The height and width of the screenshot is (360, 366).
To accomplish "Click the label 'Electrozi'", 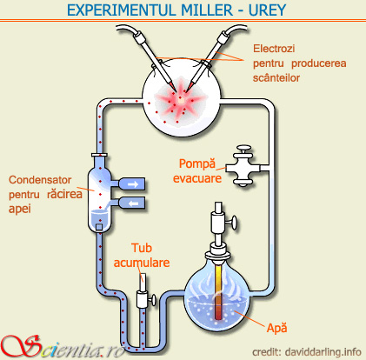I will click(276, 48).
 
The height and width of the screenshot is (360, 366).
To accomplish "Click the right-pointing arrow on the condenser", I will click(132, 183).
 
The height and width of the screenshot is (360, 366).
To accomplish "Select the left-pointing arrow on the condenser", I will click(132, 203).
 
